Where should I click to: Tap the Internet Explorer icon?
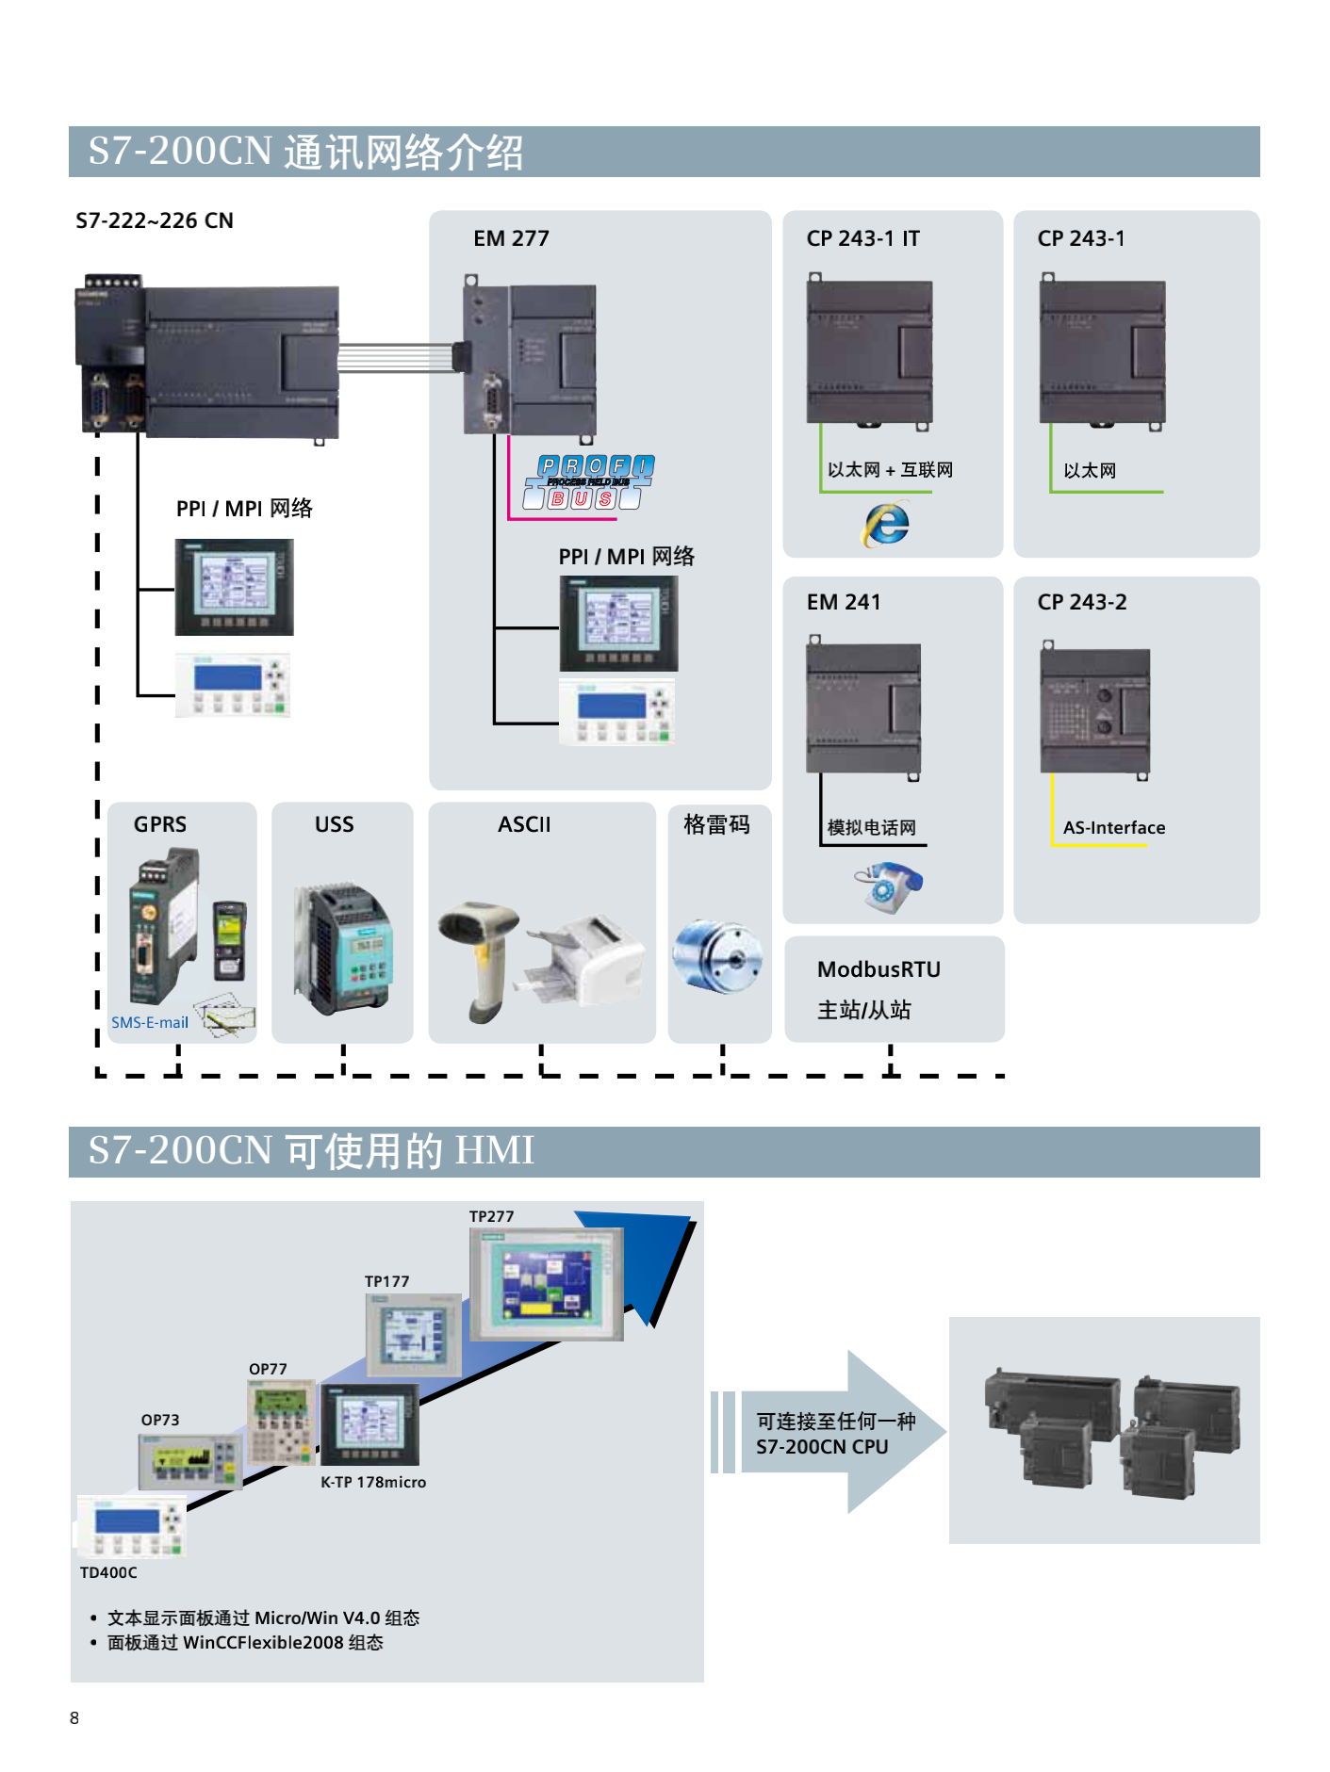(x=886, y=525)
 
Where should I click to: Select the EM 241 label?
(x=844, y=602)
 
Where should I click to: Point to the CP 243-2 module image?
(x=1095, y=711)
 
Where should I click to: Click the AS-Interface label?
(x=1114, y=828)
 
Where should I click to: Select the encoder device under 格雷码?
(x=717, y=955)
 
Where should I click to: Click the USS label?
(x=335, y=824)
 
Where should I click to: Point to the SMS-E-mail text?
(x=150, y=1022)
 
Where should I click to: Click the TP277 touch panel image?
(x=547, y=1283)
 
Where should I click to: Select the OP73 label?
(x=160, y=1420)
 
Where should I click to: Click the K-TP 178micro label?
(x=373, y=1482)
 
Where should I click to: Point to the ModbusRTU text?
(x=878, y=969)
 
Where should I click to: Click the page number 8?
(x=74, y=1717)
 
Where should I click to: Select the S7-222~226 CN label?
(x=155, y=220)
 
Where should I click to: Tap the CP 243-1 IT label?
(x=862, y=238)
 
